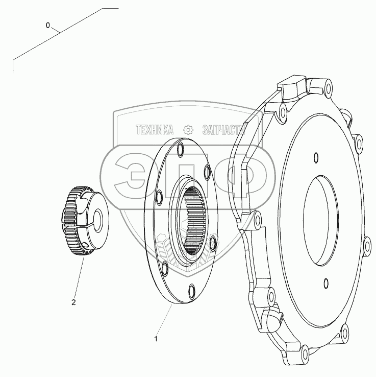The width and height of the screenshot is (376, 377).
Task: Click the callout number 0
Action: (x=48, y=25)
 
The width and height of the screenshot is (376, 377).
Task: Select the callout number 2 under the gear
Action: (x=73, y=302)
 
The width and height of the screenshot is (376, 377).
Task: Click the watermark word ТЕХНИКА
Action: (x=155, y=130)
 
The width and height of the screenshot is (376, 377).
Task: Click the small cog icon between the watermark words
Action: (x=189, y=130)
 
